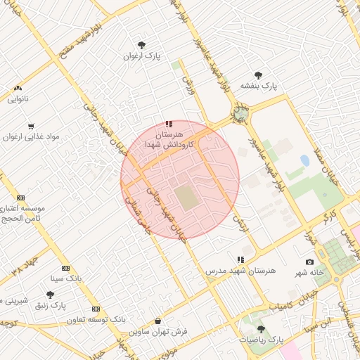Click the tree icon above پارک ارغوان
click(x=141, y=45)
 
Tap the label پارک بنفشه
click(x=259, y=85)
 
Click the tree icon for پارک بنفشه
click(x=258, y=75)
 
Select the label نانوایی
click(x=18, y=99)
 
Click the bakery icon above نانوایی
click(x=18, y=89)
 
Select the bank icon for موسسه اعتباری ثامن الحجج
click(x=20, y=198)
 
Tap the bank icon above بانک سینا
click(x=65, y=268)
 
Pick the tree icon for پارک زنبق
click(x=50, y=295)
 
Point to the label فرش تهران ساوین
click(x=162, y=331)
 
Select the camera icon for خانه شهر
click(x=310, y=262)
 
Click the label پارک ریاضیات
click(x=261, y=339)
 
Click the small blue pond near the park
click(x=304, y=160)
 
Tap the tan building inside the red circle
click(x=186, y=197)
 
